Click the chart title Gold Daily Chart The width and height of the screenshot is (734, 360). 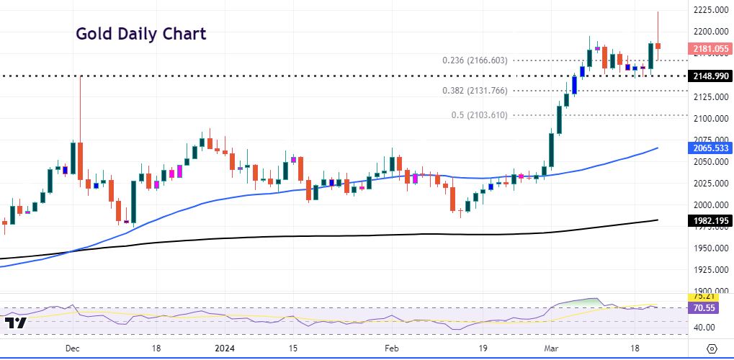(141, 34)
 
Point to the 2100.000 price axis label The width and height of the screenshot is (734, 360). (710, 119)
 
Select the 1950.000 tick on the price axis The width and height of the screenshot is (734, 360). (710, 248)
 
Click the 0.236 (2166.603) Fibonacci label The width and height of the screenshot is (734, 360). (475, 60)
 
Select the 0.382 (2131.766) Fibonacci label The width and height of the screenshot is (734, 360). (475, 91)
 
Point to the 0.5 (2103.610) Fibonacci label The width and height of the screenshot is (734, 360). (480, 115)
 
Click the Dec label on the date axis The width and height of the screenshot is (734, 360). (72, 348)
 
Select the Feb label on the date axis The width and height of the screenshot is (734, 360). (390, 348)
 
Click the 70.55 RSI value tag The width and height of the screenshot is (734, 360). (703, 307)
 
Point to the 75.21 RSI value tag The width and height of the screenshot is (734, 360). (703, 296)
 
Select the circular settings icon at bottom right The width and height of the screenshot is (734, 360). (712, 348)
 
